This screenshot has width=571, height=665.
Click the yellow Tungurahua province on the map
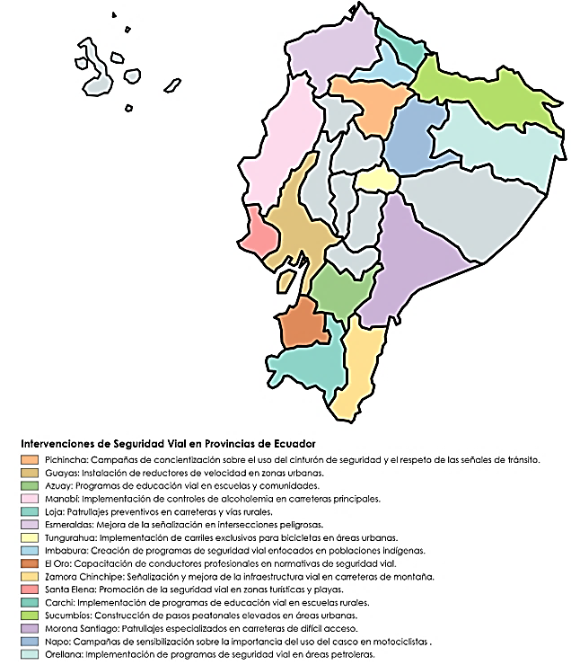(x=376, y=182)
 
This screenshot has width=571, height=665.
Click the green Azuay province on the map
(x=338, y=292)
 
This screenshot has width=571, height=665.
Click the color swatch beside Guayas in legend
(x=29, y=473)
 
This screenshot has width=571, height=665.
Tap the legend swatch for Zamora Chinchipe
(x=29, y=576)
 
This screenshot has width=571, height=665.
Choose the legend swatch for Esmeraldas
(x=29, y=525)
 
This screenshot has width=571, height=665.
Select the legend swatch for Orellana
(x=29, y=654)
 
